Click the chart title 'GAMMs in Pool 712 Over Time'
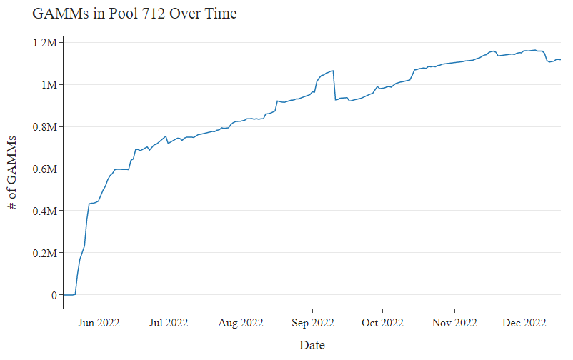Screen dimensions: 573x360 coord(134,14)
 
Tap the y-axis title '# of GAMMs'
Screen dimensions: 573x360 coord(11,173)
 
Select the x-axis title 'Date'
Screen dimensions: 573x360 coord(312,345)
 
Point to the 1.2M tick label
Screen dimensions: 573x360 coord(45,43)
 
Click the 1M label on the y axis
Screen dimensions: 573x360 coord(49,85)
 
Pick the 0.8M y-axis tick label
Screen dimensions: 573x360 coord(45,127)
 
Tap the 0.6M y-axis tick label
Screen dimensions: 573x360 coord(45,169)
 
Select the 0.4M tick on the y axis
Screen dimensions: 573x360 coord(45,211)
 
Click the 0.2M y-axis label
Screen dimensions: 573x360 coord(45,253)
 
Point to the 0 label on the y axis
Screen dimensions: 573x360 coord(54,295)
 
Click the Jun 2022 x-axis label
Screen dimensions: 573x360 coord(99,323)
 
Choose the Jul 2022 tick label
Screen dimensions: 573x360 coord(169,323)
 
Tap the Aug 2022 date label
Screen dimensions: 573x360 coord(241,323)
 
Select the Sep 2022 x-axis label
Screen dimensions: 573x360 coord(312,323)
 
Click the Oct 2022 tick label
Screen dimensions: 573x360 coord(382,323)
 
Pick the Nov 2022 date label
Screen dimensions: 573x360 coord(454,323)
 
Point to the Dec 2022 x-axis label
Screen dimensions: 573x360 coord(524,323)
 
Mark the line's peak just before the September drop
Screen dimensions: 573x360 coord(333,71)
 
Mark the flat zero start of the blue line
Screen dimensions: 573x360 coord(69,294)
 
